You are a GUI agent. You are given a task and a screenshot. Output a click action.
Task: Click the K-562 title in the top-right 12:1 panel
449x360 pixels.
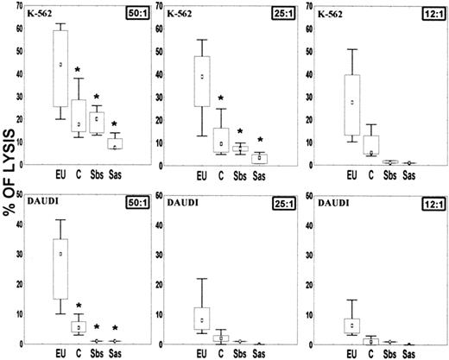pos(332,16)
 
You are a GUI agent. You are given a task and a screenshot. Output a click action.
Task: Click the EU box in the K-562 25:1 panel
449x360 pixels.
pos(202,81)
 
